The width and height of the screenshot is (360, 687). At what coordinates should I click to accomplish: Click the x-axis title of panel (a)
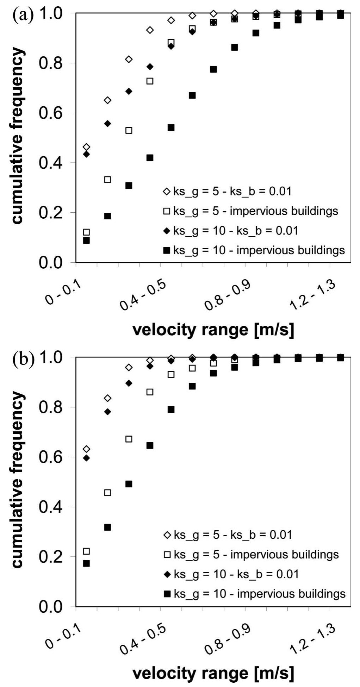point(213,330)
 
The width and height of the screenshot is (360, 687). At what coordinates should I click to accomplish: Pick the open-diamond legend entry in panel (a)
point(227,191)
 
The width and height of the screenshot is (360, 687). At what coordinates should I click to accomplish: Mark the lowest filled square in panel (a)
point(86,241)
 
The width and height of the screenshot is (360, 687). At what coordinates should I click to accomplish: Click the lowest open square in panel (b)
point(86,551)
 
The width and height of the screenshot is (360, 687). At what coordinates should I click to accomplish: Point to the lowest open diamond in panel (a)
point(86,147)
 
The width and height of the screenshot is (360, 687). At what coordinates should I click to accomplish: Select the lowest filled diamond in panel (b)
point(86,458)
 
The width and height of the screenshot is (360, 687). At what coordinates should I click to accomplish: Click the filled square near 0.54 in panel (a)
point(171,128)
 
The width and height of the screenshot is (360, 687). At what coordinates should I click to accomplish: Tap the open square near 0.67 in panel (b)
point(129,439)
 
